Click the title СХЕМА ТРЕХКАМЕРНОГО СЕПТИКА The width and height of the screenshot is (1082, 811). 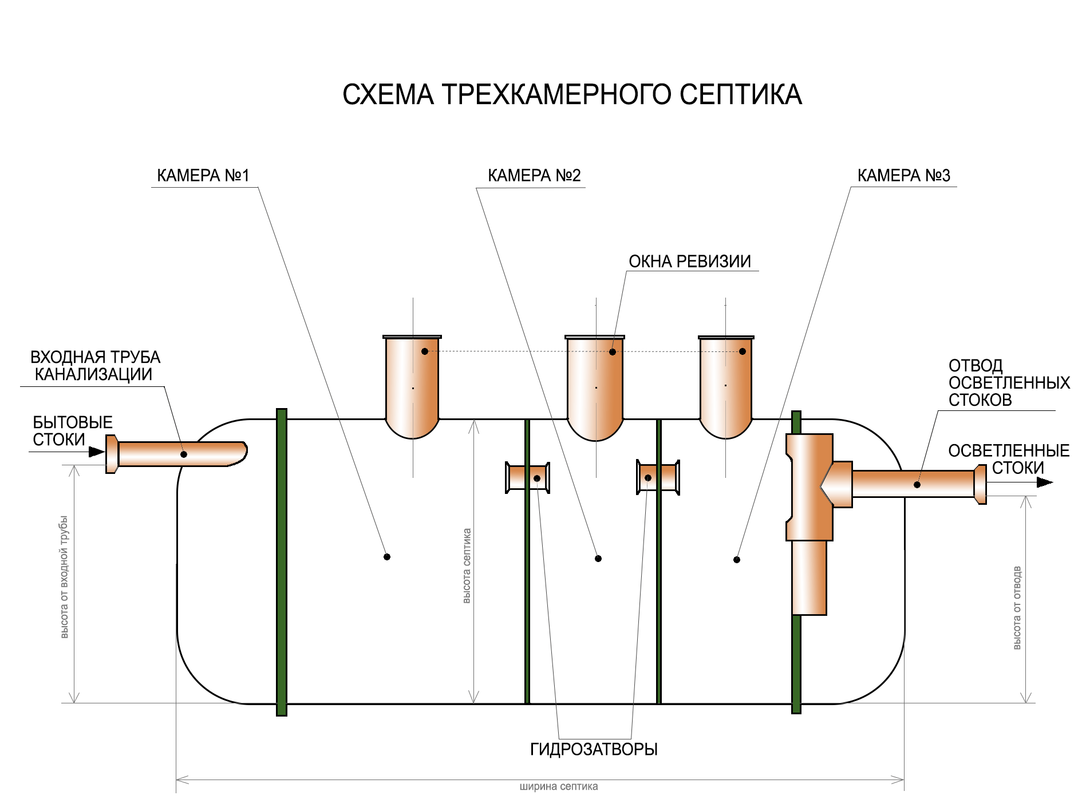coord(571,94)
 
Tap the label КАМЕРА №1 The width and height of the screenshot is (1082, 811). coord(203,175)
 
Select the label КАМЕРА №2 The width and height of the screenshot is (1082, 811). coord(534,175)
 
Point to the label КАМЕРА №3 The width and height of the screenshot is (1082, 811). coord(903,175)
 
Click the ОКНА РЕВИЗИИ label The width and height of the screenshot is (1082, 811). coord(689,262)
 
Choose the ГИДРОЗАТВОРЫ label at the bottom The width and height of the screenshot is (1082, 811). coord(594,749)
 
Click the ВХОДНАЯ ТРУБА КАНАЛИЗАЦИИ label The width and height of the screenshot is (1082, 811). coord(94,366)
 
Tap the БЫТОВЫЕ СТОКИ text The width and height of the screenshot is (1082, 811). coord(72,431)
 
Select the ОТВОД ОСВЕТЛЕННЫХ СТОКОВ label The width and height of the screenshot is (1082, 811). coord(1008,382)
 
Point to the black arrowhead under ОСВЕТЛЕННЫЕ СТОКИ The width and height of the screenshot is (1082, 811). coord(1044,482)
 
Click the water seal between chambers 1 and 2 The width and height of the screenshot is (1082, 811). coord(528,477)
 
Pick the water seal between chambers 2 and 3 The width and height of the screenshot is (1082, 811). coord(658,477)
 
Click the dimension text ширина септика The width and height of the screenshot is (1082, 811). coord(558,786)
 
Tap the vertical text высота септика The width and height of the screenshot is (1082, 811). coord(467,565)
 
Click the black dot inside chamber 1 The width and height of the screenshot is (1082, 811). coord(387,557)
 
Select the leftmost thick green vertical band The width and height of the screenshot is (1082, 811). coord(281,562)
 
